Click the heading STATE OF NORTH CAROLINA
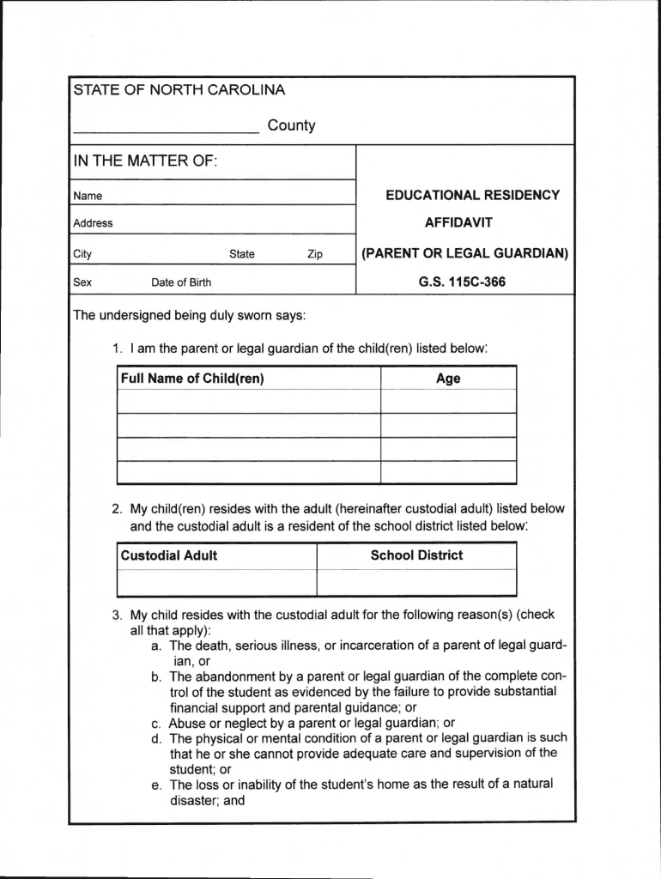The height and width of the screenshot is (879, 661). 179,90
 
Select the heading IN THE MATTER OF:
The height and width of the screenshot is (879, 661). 145,161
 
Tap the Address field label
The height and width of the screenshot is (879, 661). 93,223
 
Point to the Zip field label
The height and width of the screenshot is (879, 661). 315,254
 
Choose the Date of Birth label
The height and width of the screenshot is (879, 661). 181,282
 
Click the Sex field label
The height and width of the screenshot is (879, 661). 82,282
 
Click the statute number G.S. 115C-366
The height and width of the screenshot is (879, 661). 463,282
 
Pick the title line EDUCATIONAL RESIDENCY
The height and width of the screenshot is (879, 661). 472,195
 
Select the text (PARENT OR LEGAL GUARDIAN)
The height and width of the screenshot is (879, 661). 464,253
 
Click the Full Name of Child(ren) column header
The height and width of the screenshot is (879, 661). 192,379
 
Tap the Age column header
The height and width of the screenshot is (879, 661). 448,379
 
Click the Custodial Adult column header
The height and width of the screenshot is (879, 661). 169,555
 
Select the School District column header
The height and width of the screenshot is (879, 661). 416,555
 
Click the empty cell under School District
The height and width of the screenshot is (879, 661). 416,582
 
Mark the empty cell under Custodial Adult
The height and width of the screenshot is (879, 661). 216,582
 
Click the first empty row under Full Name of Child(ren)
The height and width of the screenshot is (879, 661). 248,402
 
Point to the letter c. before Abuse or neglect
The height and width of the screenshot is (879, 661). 156,723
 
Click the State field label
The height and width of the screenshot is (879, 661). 242,254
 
